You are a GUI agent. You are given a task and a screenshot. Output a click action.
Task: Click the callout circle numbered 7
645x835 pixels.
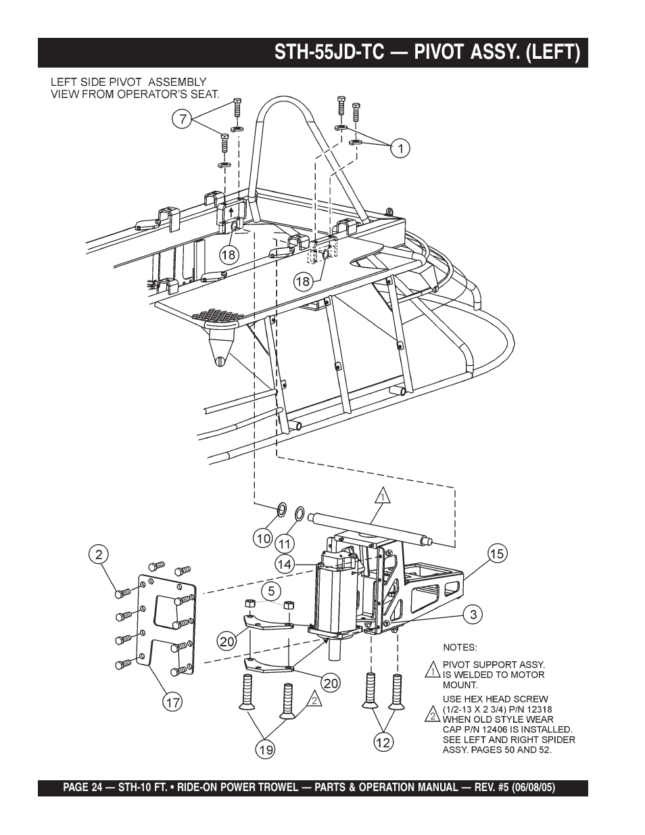[181, 120]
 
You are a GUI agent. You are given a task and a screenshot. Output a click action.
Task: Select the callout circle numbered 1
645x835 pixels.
[400, 147]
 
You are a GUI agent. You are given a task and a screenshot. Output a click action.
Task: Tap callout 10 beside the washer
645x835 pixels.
[263, 539]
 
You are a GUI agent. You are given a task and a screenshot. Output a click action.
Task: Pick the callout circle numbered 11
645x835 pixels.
[285, 543]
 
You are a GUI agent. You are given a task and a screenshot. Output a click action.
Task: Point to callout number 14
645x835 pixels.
[285, 563]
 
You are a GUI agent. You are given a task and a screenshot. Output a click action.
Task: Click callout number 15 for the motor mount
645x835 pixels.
[497, 554]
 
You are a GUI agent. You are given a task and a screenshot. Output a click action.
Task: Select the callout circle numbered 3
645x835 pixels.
[474, 615]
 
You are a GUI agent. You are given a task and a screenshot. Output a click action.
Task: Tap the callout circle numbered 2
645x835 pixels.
[99, 554]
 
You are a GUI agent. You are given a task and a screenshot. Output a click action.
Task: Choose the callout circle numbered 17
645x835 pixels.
[173, 702]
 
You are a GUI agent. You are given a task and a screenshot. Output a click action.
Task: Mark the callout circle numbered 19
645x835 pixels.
[265, 749]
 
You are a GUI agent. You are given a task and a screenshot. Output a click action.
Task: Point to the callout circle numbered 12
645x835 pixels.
[383, 742]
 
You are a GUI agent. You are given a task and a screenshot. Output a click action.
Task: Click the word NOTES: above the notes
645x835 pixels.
[460, 647]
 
